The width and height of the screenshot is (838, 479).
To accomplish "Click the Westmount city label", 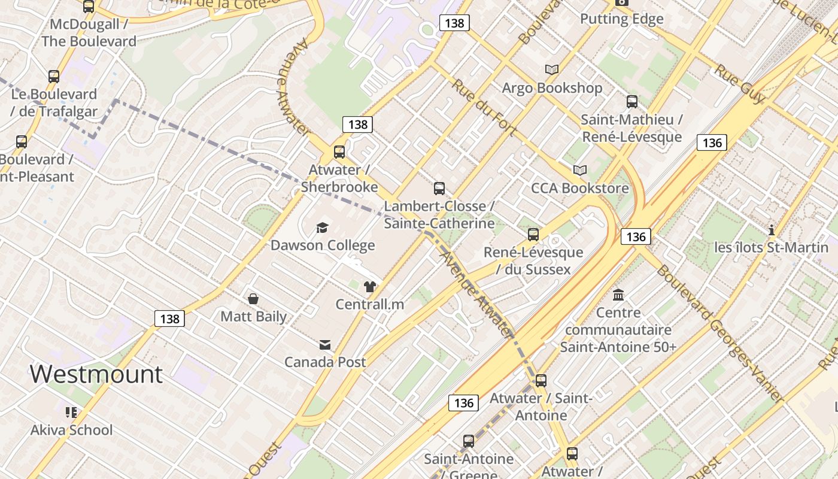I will (96, 374).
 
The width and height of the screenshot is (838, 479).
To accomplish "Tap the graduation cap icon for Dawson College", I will (323, 228).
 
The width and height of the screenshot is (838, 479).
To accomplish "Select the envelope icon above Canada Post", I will (325, 345).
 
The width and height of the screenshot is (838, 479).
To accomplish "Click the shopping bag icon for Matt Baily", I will (253, 299).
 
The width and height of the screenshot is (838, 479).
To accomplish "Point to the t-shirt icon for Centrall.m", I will (369, 287).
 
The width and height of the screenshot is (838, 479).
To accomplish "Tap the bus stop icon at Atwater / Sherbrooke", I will (339, 152).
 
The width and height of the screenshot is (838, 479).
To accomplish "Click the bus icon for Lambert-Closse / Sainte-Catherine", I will (439, 189).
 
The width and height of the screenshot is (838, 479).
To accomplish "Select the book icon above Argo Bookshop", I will (552, 70).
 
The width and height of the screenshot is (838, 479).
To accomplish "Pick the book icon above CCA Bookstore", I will (579, 171).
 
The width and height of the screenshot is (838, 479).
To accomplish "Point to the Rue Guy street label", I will (740, 84).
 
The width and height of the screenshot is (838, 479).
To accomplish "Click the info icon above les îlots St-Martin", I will (772, 230).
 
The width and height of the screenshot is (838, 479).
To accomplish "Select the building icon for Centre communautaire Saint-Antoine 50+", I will (618, 295).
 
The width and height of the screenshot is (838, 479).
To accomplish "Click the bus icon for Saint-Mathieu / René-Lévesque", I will (632, 102).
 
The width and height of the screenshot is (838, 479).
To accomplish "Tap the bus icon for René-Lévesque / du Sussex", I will (533, 235).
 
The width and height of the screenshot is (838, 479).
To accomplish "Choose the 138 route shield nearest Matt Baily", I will (170, 319).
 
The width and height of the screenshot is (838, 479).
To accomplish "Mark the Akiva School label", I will (72, 430).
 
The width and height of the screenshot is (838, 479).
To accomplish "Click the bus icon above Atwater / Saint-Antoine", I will (541, 381).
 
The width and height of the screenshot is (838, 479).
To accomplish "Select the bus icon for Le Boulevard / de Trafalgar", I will (54, 77).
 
